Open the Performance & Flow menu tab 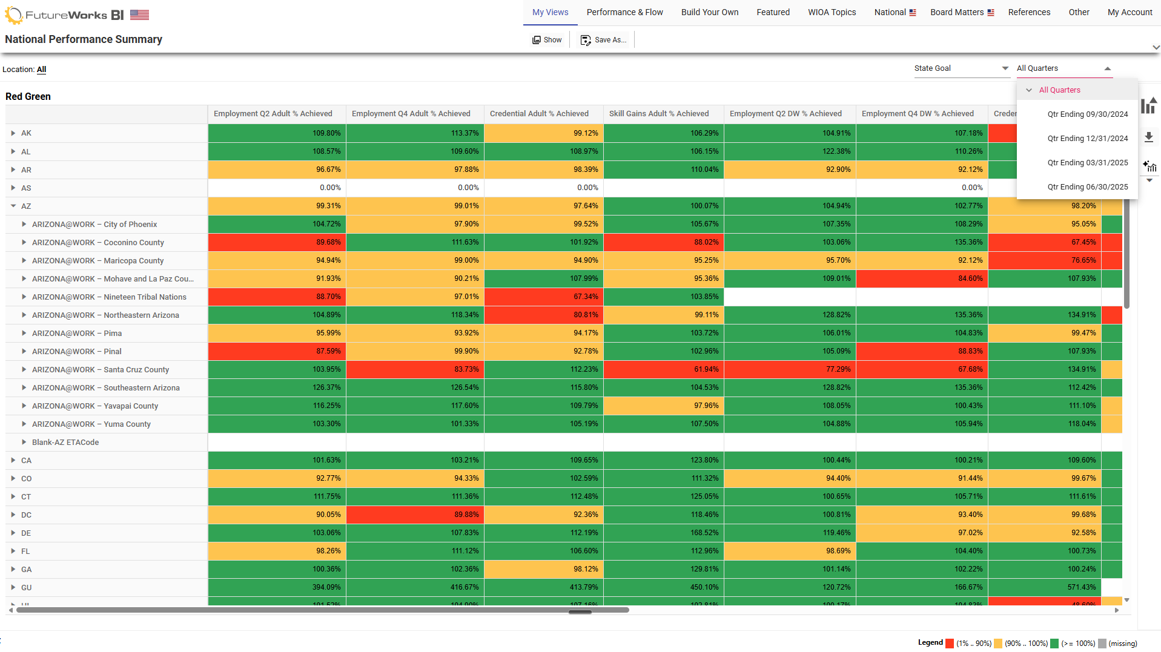[624, 12]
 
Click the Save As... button [603, 40]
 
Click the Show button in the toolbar [547, 40]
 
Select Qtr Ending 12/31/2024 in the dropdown [1087, 139]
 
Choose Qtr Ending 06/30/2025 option [1087, 187]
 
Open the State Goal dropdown [961, 68]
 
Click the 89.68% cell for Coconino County [277, 242]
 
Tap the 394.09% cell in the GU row [277, 587]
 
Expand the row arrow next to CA [13, 461]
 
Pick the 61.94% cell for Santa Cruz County [663, 369]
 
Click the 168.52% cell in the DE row [663, 533]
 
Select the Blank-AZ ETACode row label [65, 443]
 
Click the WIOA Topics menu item [832, 12]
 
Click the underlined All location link [41, 70]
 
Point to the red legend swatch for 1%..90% [950, 644]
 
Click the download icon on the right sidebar [1148, 137]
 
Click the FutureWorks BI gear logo [13, 15]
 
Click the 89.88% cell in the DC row [415, 515]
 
